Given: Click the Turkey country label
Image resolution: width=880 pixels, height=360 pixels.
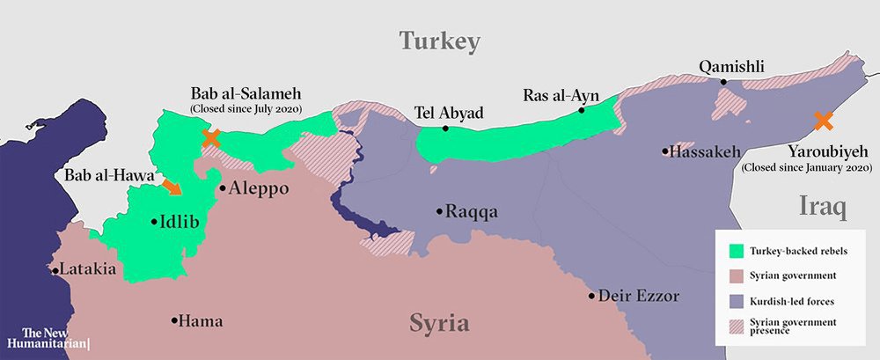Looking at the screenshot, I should tap(439, 40).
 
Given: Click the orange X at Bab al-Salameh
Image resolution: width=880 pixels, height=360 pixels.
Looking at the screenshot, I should tap(211, 137).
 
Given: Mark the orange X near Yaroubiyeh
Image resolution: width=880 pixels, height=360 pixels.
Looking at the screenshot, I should tap(823, 121).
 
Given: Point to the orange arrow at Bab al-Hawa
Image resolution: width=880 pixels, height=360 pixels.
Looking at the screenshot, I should tap(173, 185).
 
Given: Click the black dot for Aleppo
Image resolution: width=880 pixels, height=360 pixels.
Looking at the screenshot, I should tap(223, 187).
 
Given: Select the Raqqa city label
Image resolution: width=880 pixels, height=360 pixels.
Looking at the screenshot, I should tap(472, 212).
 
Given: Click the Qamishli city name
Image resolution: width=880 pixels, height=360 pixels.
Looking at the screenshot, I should tap(731, 67).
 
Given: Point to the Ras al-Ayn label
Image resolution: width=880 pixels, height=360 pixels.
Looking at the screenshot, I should tap(554, 95).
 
